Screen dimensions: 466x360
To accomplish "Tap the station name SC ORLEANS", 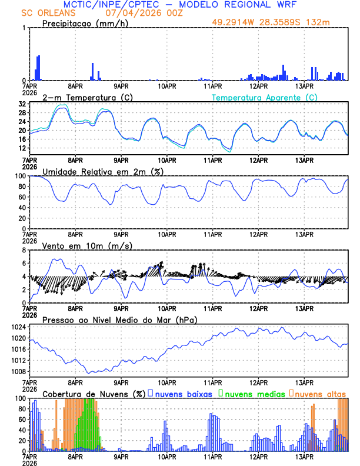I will point(44,13).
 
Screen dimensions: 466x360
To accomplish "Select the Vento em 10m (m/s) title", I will point(87,245).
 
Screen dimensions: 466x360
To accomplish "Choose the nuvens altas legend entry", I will point(319,393).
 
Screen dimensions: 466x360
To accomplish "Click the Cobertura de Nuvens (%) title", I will point(94,393).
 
